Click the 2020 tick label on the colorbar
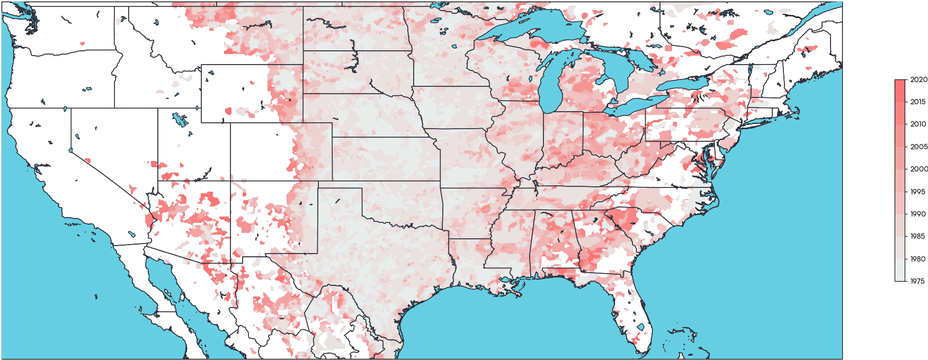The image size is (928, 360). (916, 79)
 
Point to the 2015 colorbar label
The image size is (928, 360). (916, 101)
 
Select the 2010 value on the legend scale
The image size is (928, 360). (916, 124)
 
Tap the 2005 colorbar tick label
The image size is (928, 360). (916, 146)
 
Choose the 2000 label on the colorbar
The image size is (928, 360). (916, 169)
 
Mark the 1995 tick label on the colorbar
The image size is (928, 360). (916, 191)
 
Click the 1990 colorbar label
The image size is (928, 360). (916, 214)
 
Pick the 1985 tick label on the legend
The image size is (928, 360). (916, 236)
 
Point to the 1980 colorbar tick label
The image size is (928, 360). (916, 259)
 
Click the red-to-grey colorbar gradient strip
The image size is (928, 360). (900, 180)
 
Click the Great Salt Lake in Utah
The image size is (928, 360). (179, 120)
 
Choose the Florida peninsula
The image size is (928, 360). (632, 310)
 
